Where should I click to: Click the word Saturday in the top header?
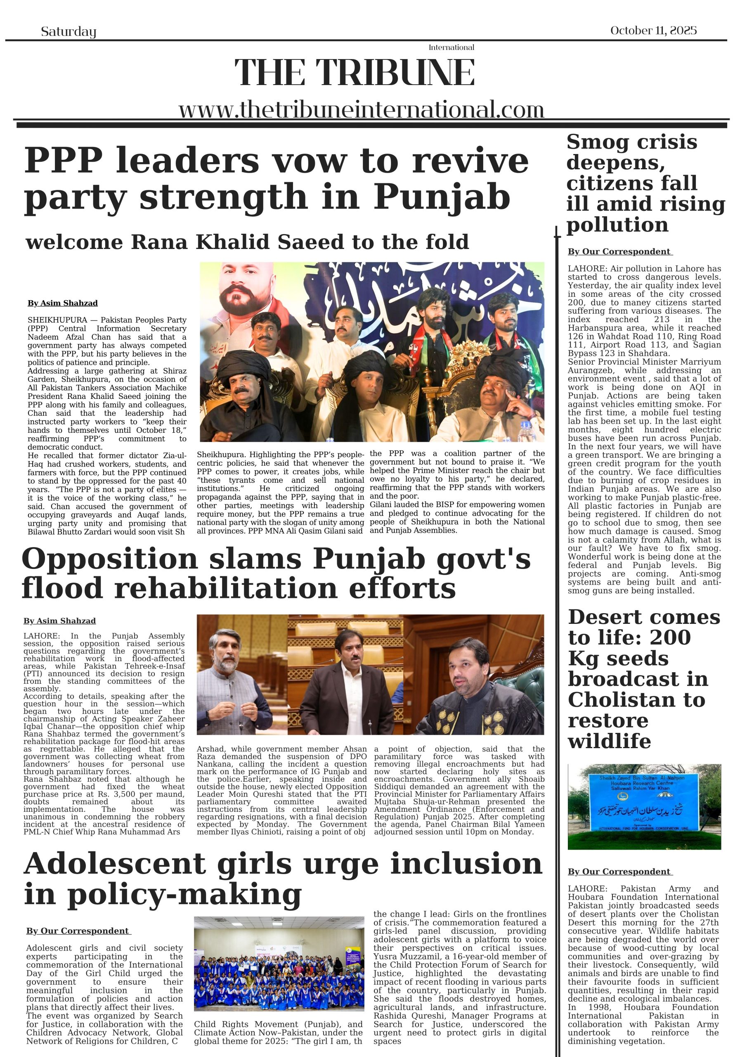69,31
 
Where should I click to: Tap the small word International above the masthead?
451,47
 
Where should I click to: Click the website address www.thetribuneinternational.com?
361,109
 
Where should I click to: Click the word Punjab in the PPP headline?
442,197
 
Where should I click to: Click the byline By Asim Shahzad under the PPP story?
63,303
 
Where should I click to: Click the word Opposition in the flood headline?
109,559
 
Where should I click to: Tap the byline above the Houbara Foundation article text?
619,872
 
